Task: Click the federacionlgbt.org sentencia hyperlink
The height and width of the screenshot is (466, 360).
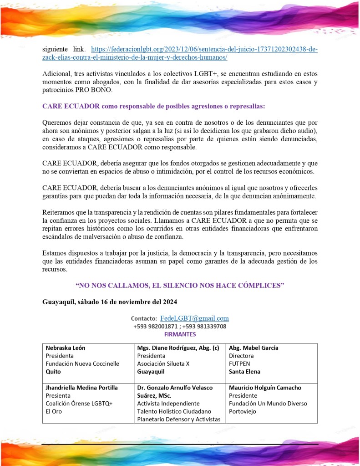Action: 204,49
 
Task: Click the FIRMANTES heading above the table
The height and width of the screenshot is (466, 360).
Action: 180,334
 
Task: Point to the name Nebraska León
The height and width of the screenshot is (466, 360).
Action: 65,348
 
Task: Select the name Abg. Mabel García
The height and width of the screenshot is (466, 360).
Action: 254,348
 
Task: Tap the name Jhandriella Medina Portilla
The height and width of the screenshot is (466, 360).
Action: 81,388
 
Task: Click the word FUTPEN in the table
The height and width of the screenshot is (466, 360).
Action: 240,364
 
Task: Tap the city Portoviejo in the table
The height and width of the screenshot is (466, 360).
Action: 243,411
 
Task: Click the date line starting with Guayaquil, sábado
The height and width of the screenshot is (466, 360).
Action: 110,302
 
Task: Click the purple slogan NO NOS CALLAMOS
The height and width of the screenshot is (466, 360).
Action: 180,285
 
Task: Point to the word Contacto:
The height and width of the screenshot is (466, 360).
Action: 144,319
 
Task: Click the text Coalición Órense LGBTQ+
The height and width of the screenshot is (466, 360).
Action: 79,404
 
